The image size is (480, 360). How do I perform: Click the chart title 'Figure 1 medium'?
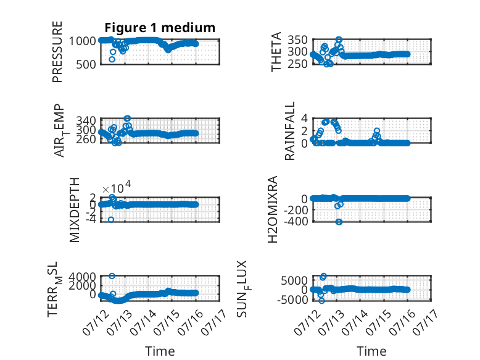[160, 28]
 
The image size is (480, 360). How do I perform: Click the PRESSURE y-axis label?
[57, 52]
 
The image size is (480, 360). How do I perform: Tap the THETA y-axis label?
[276, 52]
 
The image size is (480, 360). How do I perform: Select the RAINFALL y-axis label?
[289, 131]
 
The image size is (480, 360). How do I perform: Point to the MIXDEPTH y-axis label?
[75, 210]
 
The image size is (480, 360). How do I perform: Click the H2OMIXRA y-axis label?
[273, 209]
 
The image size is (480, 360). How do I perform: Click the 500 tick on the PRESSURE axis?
[86, 64]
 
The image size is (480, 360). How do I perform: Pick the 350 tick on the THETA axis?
[297, 40]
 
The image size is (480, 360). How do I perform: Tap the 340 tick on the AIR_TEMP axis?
[86, 120]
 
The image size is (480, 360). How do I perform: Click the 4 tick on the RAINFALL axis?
[304, 118]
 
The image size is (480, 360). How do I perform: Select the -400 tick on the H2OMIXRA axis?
[296, 221]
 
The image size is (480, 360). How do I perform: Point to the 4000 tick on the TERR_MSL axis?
[82, 277]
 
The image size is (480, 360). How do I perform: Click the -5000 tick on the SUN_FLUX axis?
[292, 300]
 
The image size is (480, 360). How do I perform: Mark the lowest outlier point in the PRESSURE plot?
[112, 59]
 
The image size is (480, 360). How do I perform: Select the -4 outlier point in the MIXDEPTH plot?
[111, 220]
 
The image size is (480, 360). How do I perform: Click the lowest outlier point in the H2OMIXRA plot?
[339, 222]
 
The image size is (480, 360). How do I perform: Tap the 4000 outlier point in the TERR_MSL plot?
[112, 276]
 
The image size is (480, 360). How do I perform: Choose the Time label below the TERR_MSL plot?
[160, 351]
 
